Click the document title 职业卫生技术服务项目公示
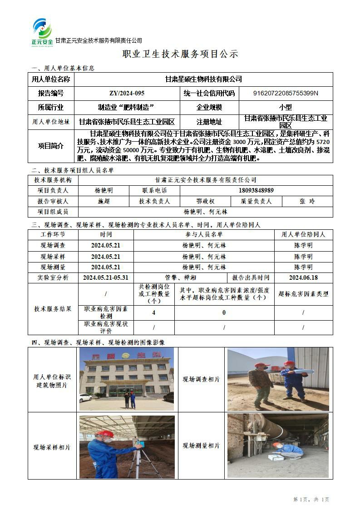tap(180, 54)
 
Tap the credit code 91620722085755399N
tap(286, 94)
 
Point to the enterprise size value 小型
tap(286, 108)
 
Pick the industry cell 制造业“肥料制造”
tap(127, 108)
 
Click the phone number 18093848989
tap(256, 191)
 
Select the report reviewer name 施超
tap(104, 201)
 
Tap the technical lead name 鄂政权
tap(205, 201)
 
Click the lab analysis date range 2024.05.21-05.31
tap(106, 277)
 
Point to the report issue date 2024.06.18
tap(303, 277)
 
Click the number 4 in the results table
tap(153, 313)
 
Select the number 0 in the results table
tap(224, 313)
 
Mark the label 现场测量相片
tap(201, 446)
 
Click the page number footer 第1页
tap(301, 500)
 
